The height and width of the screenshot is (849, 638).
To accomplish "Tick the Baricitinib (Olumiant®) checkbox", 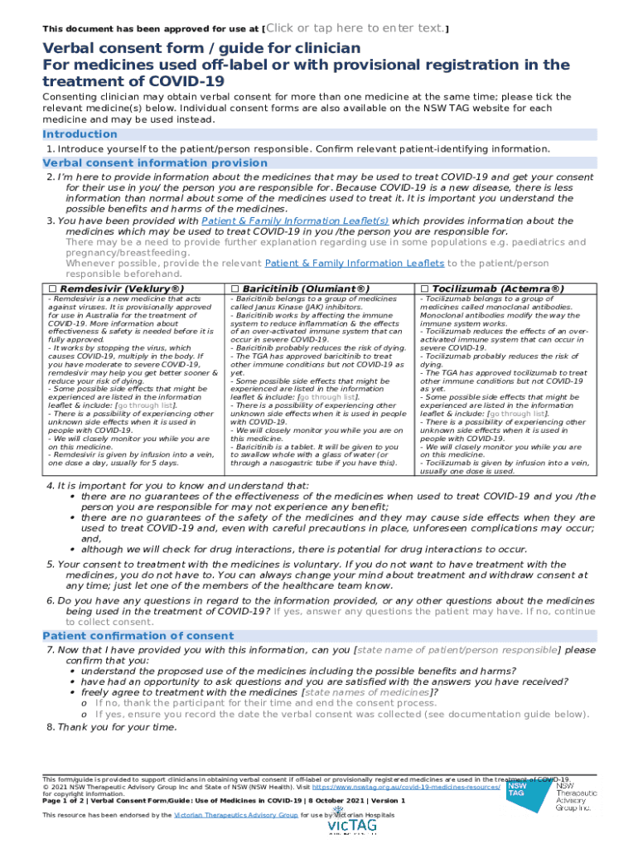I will click(234, 289).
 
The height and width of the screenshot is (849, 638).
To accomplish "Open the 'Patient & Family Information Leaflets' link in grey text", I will click(355, 263).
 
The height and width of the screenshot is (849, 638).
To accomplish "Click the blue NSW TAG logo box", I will click(517, 790).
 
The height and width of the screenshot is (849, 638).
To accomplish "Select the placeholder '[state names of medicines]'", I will click(366, 691).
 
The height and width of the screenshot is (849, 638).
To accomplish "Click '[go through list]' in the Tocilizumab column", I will click(517, 413).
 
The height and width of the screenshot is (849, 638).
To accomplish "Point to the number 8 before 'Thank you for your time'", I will click(50, 727).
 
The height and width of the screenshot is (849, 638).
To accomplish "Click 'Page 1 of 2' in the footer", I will click(68, 801).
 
